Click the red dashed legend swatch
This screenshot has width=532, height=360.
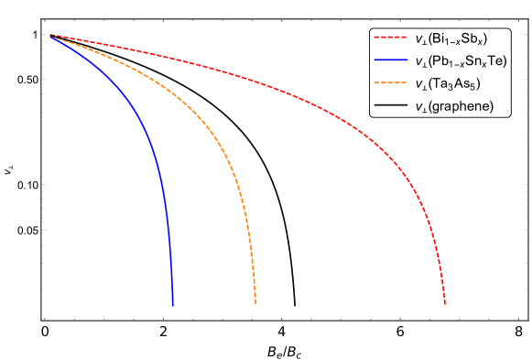(x=390, y=38)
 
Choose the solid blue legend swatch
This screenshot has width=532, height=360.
(x=390, y=60)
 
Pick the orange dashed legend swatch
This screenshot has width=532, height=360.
(x=390, y=83)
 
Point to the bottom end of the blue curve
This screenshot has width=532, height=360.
(x=172, y=305)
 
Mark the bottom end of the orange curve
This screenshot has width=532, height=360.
(x=255, y=302)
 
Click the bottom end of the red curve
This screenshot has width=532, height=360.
(x=445, y=303)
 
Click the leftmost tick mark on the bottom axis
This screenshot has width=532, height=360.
(x=45, y=319)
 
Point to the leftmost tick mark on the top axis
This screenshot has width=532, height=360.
(x=45, y=19)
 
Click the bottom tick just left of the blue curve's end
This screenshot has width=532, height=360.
(x=163, y=319)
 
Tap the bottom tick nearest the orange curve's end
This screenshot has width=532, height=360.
(x=252, y=319)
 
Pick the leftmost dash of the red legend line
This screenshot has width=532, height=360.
(x=376, y=38)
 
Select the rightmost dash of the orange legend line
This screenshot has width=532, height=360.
(x=403, y=83)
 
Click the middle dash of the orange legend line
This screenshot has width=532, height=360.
(x=390, y=83)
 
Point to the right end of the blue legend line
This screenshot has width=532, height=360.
(x=407, y=60)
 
